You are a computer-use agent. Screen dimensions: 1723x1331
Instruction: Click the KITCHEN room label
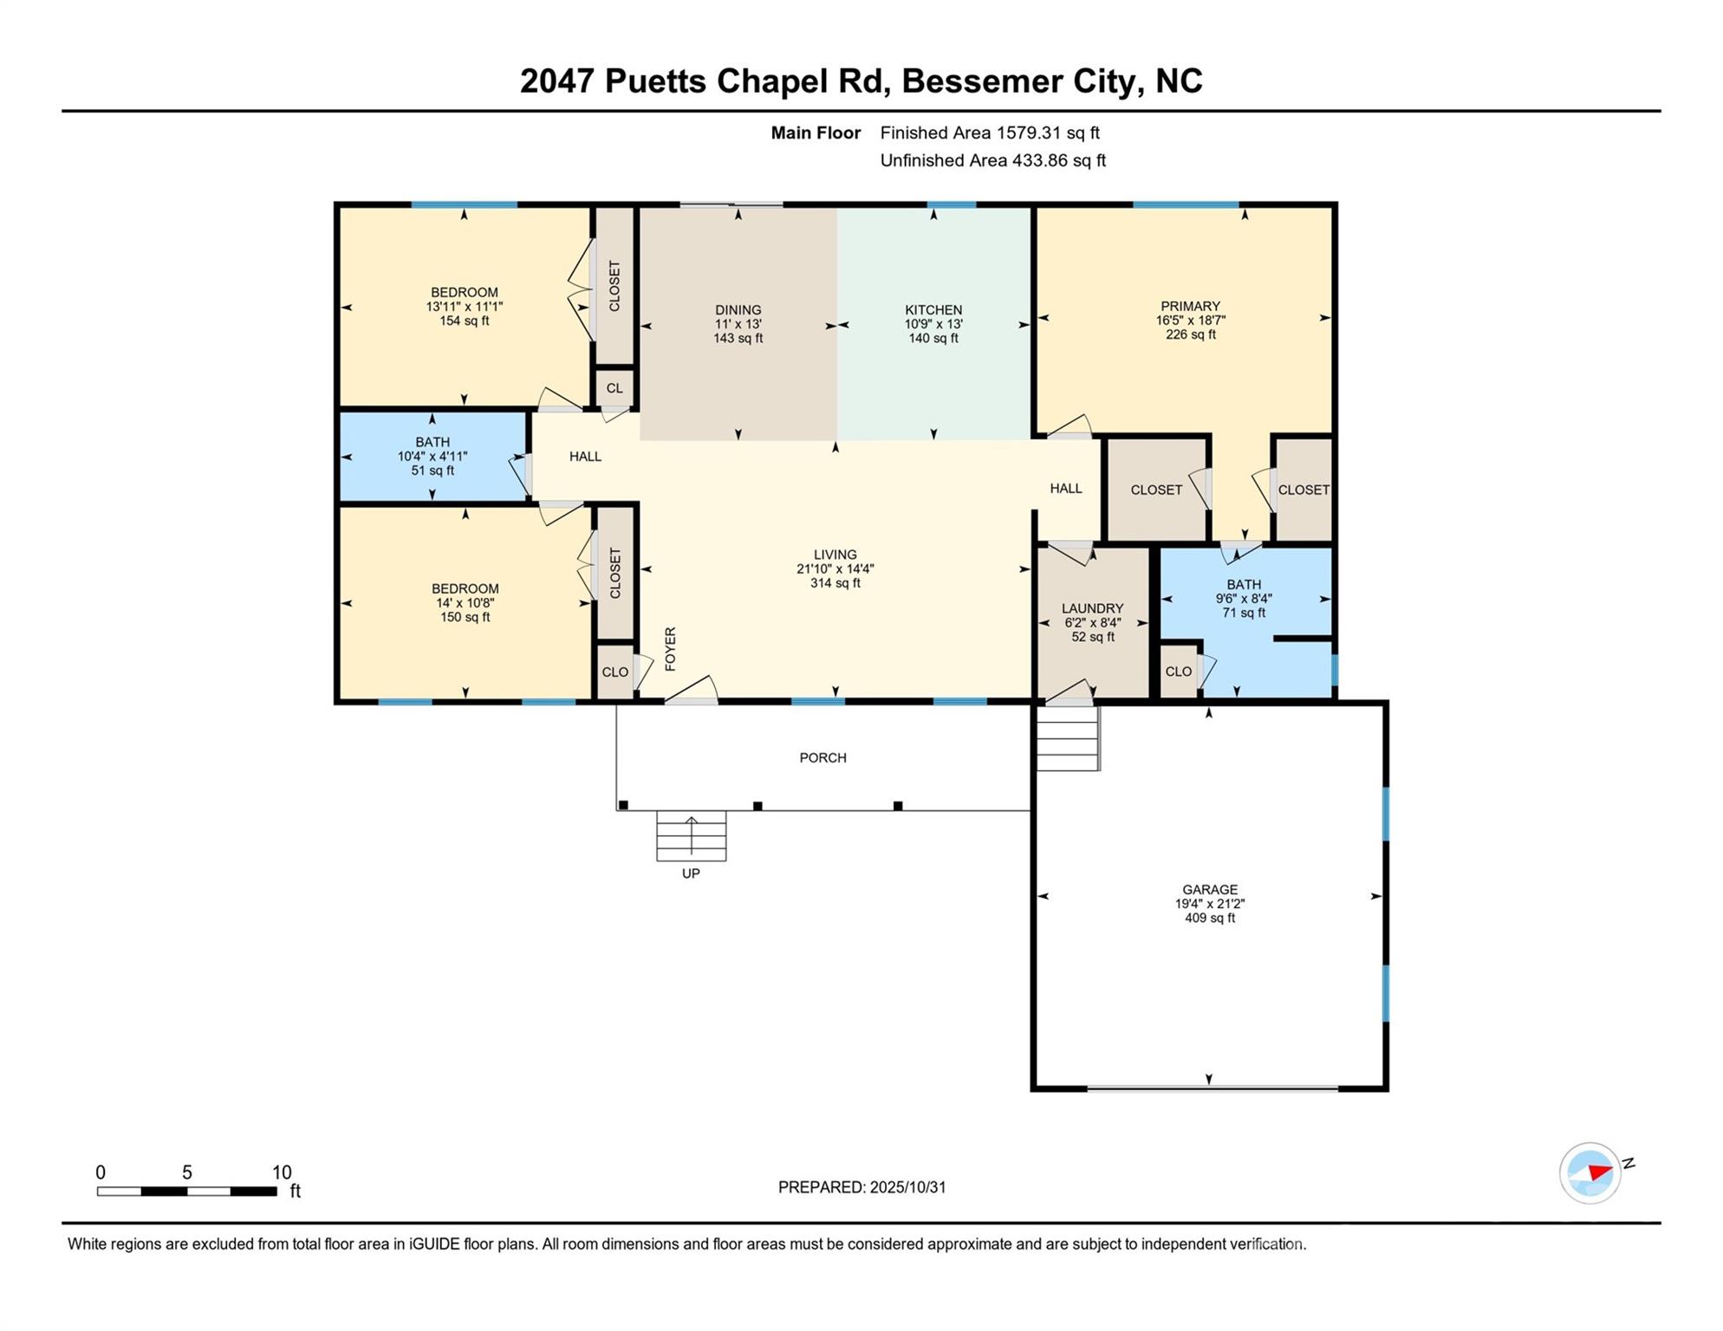[x=933, y=310]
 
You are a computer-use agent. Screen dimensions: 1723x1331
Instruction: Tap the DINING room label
[x=738, y=310]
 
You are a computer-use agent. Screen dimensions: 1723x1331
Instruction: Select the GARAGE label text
[x=1210, y=890]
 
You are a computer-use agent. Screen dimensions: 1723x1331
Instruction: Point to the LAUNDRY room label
[x=1092, y=609]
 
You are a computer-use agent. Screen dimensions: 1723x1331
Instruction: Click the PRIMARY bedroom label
[x=1190, y=307]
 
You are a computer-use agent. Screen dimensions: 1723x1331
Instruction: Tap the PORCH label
[x=822, y=758]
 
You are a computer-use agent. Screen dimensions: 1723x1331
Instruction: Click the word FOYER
[x=670, y=649]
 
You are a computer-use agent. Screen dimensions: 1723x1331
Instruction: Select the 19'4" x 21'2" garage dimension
[x=1210, y=904]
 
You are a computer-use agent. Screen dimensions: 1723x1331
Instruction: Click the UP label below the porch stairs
[x=691, y=873]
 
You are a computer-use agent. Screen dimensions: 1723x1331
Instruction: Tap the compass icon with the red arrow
[x=1590, y=1173]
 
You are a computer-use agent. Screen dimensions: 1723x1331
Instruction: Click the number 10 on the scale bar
[x=282, y=1172]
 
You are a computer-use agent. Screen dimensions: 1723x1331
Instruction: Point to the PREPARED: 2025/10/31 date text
[x=861, y=1187]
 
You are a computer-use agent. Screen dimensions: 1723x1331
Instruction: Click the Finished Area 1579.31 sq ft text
[x=990, y=133]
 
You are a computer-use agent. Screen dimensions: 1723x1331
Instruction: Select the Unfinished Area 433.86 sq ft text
[x=993, y=160]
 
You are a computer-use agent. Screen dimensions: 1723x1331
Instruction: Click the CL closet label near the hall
[x=614, y=388]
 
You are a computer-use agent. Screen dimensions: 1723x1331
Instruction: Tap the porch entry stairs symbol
[x=691, y=836]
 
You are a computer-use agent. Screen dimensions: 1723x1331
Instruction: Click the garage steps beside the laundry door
[x=1068, y=739]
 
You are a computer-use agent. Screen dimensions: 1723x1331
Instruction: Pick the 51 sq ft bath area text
[x=432, y=471]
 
